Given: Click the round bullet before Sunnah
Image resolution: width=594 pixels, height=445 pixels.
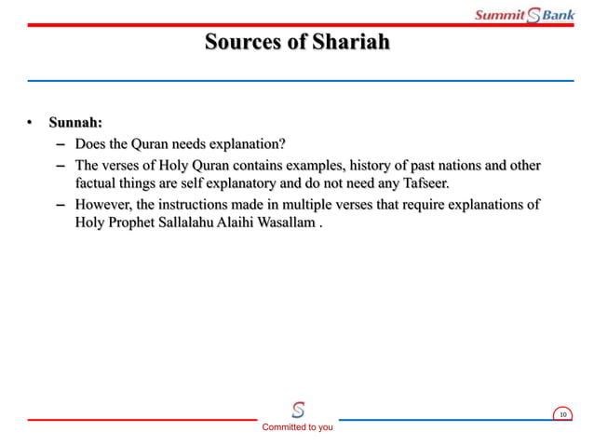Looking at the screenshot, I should [x=31, y=123].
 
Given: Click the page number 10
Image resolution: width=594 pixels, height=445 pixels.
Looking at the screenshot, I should [x=562, y=414].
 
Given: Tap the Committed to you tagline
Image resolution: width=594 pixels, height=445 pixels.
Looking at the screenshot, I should [x=297, y=427].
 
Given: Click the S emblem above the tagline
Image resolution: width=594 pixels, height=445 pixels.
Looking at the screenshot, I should [x=298, y=410].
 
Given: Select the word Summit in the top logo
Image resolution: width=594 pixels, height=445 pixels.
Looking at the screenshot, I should [x=500, y=15].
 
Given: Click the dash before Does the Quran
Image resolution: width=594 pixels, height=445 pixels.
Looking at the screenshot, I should [x=61, y=145].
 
